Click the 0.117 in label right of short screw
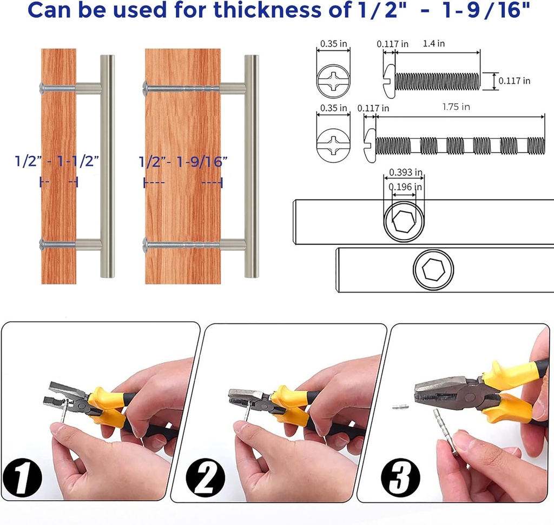click(514, 81)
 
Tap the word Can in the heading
click(52, 10)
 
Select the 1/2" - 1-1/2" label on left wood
click(57, 161)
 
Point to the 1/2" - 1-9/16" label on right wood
click(183, 161)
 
